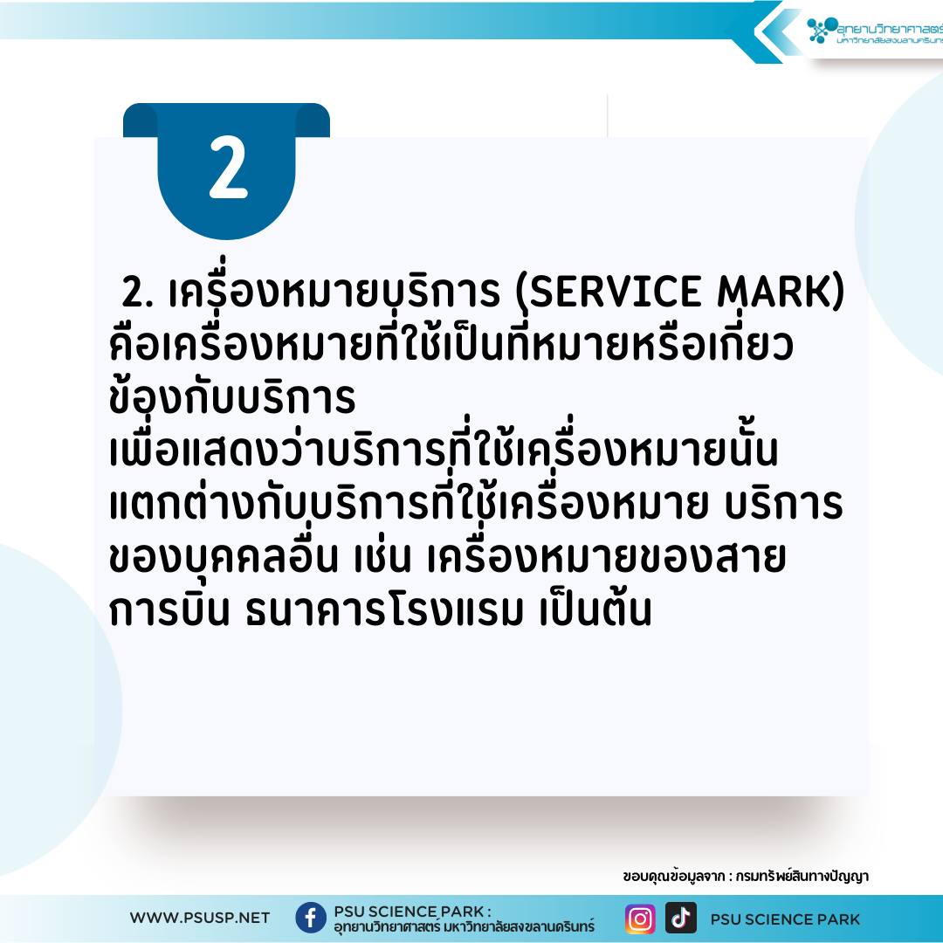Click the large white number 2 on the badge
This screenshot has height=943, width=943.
[228, 167]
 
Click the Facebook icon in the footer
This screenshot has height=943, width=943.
[310, 918]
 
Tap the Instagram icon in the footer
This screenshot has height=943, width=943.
[640, 919]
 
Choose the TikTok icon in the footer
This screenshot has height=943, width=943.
[681, 918]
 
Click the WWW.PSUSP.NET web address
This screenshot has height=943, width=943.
[200, 918]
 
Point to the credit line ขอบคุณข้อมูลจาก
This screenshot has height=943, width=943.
[673, 877]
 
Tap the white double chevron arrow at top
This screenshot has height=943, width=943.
[777, 31]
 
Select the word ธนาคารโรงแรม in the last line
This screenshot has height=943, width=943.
[385, 610]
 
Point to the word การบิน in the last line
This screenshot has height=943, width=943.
[169, 609]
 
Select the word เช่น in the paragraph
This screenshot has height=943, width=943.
[383, 556]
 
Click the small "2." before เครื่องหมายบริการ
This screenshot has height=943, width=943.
[138, 293]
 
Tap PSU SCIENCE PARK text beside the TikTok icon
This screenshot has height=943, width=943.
[785, 919]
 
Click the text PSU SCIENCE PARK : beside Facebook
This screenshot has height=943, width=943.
[412, 911]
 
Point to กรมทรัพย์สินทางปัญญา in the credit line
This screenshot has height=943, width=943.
[802, 877]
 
